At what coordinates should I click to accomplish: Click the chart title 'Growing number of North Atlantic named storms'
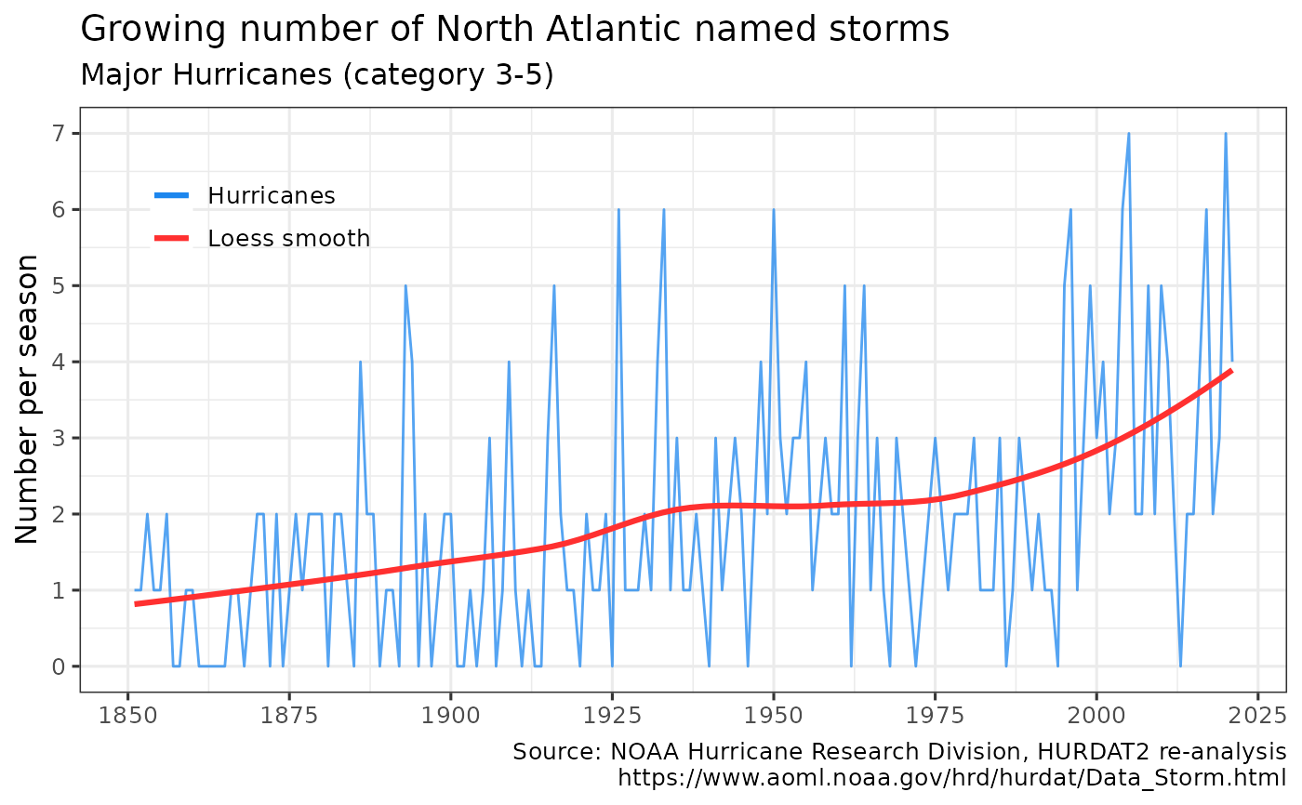coord(515,30)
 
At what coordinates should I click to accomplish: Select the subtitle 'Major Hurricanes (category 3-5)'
coord(317,74)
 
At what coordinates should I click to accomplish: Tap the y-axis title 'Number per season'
coord(27,399)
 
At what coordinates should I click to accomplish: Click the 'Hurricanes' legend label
coord(272,195)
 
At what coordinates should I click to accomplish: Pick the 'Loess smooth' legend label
coord(289,239)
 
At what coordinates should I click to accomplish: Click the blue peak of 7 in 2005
coord(1128,134)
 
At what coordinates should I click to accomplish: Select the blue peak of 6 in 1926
coord(618,210)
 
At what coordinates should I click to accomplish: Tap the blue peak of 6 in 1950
coord(773,210)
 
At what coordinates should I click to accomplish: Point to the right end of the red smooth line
coord(1231,371)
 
